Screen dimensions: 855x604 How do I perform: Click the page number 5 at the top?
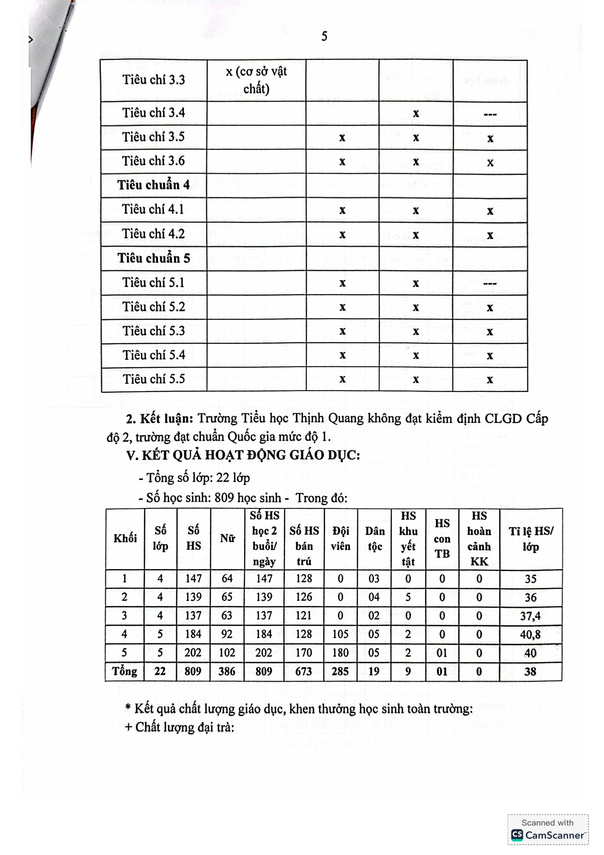pos(324,37)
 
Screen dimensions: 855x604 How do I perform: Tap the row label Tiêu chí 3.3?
pos(153,80)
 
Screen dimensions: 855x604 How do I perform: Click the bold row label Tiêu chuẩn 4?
pos(154,185)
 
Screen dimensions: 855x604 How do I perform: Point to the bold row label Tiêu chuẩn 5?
pos(154,259)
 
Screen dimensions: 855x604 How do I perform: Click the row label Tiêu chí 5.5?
pos(154,379)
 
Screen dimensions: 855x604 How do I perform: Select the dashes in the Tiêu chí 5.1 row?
pos(490,284)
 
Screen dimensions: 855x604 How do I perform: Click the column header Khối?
pos(125,538)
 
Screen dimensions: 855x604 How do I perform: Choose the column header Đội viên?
pos(340,538)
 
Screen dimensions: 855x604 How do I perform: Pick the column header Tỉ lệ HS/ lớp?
pos(531,539)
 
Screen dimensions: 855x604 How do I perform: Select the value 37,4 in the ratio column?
pos(530,616)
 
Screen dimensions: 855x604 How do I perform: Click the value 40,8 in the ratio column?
pos(530,634)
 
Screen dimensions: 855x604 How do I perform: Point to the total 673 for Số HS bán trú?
pos(304,672)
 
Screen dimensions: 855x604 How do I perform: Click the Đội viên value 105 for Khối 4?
pos(340,634)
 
